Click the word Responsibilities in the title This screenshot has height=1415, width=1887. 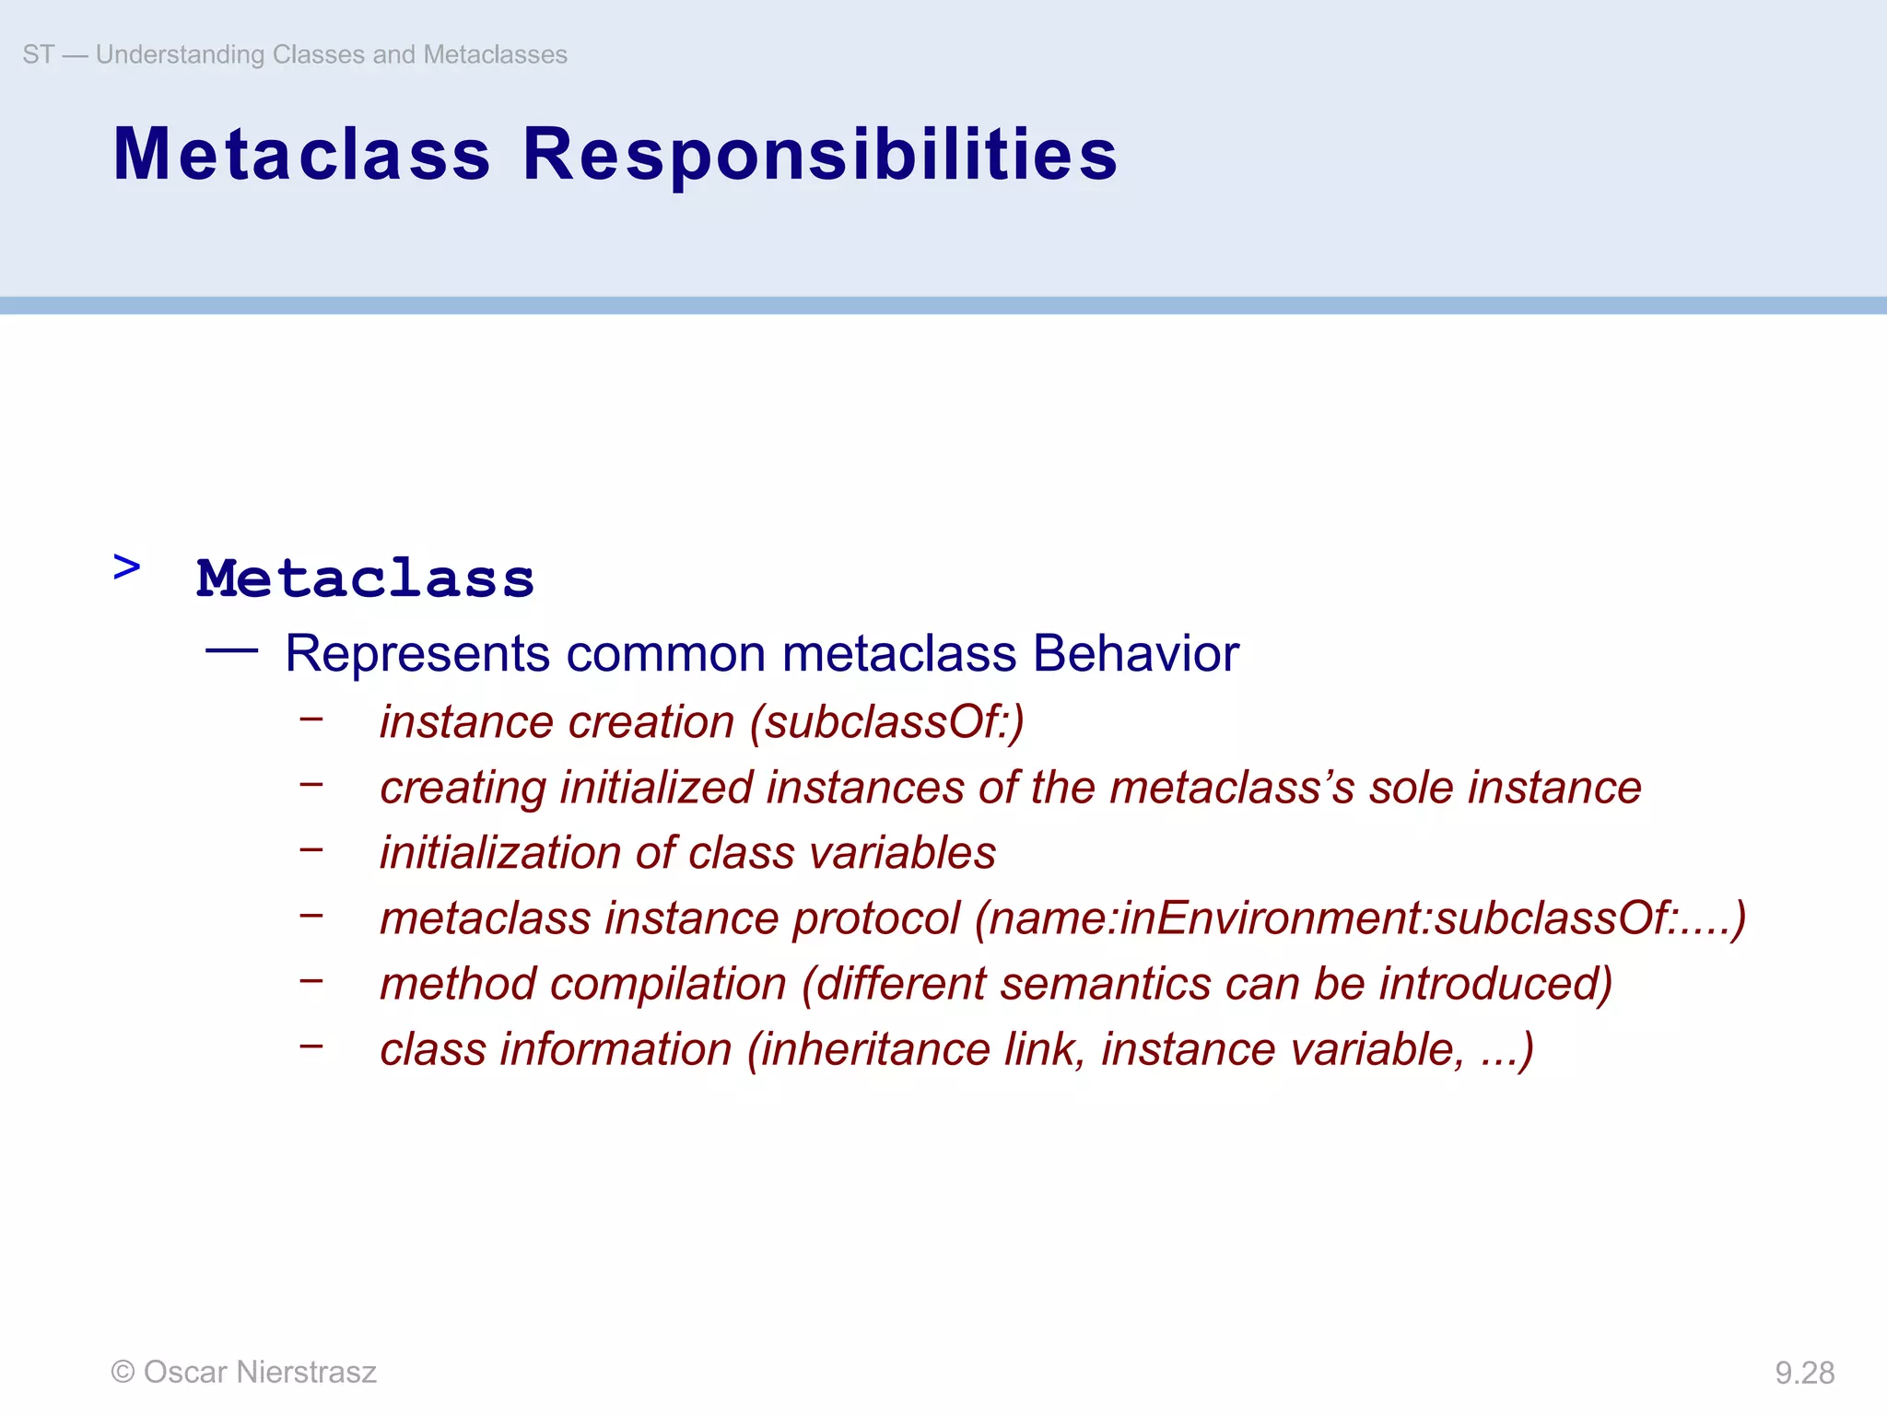pos(819,155)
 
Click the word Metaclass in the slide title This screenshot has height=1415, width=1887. pos(301,155)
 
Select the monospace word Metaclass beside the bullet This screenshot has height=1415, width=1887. pos(365,579)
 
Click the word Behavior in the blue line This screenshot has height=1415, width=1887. pos(1135,654)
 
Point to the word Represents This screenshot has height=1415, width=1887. pos(417,654)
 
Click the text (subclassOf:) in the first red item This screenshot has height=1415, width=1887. pos(886,722)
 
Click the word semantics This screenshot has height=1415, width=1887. pos(1105,984)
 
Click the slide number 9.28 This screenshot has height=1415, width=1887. pos(1804,1373)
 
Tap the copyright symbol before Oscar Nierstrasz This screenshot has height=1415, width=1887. pos(123,1372)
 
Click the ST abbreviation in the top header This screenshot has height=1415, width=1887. pos(38,54)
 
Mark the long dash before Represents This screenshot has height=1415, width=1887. pos(231,650)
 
